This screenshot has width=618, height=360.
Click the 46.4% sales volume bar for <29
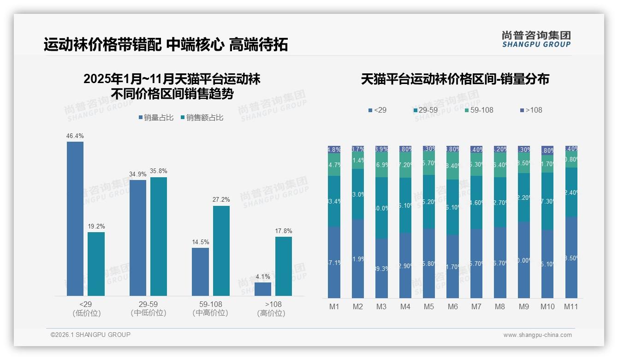point(75,218)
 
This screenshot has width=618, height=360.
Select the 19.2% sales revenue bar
point(96,264)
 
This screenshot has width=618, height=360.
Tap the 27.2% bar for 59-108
point(221,251)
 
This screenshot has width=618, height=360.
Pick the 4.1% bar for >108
point(263,289)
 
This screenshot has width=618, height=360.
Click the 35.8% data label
point(159,171)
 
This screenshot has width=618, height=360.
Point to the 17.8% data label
point(284,231)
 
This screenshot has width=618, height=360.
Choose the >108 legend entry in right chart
point(531,110)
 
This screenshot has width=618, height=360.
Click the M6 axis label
point(452,307)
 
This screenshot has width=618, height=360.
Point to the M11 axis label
point(571,307)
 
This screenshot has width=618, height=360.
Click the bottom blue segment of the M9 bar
point(523,260)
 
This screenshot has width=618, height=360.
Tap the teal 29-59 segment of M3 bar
point(381,208)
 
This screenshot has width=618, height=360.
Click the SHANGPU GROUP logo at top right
point(536,39)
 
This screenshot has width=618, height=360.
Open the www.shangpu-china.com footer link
point(537,335)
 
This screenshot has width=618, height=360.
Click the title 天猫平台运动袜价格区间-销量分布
point(455,79)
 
